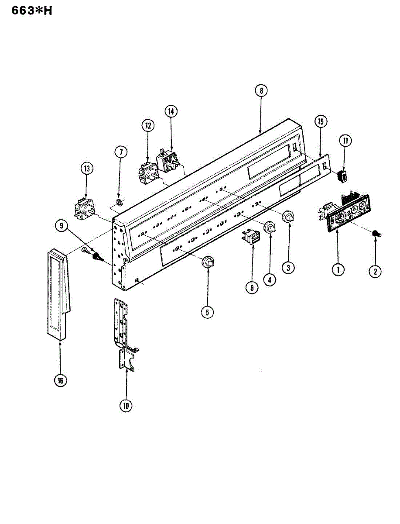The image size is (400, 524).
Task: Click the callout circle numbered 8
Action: [x=261, y=91]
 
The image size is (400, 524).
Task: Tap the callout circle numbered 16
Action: [x=60, y=380]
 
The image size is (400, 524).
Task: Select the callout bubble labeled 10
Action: [x=126, y=406]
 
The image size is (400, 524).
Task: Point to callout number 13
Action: [x=86, y=169]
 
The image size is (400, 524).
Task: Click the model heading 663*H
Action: [x=28, y=10]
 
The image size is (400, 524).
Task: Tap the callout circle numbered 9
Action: [x=62, y=226]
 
